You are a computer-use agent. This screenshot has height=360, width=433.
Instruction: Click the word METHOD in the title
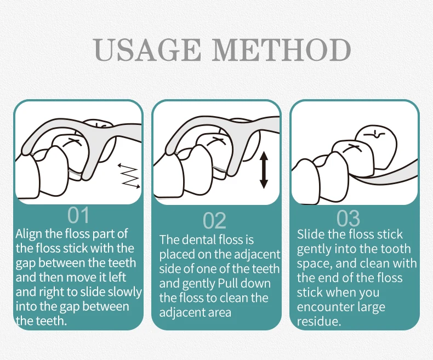281,50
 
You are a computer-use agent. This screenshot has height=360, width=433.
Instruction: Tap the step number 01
79,215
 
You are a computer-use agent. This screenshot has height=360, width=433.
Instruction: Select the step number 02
214,221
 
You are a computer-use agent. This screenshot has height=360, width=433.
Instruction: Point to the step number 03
348,219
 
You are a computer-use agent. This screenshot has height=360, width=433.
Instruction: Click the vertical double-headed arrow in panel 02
264,170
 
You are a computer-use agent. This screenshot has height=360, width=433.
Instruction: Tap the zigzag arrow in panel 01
129,176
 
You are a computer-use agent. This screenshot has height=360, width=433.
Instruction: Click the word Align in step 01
29,235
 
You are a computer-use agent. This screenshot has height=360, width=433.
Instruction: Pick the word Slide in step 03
311,235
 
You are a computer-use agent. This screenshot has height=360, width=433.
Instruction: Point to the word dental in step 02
200,239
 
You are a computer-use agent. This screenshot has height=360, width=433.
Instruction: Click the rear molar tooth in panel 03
376,148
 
